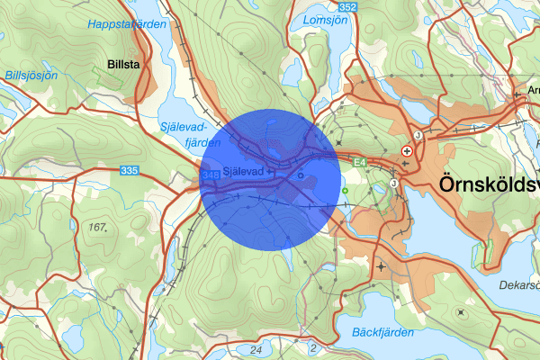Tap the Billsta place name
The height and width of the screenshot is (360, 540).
(x=121, y=66)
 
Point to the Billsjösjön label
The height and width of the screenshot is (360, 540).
(x=30, y=76)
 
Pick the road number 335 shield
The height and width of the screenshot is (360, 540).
(x=130, y=169)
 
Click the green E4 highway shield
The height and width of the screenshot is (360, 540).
(x=359, y=162)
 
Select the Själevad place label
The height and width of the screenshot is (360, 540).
(x=243, y=171)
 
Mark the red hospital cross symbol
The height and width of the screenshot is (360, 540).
(x=407, y=152)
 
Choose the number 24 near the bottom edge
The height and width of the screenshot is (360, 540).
(x=256, y=349)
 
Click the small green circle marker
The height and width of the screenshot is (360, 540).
(x=345, y=191)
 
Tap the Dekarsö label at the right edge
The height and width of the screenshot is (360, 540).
(x=519, y=285)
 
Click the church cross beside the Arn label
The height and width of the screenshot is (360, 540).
(x=517, y=91)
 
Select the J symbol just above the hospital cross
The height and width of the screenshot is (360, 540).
(x=418, y=137)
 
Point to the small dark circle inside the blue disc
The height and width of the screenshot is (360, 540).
(x=300, y=175)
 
